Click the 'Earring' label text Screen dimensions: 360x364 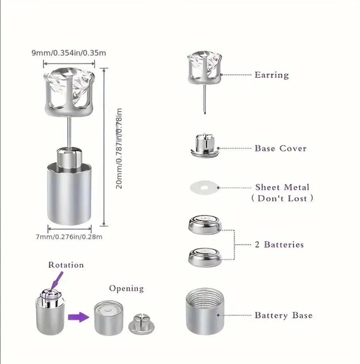[x=272, y=75]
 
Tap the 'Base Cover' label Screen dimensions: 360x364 [x=280, y=148]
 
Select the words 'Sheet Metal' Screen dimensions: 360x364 [x=282, y=187]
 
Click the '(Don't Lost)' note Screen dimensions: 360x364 [x=282, y=198]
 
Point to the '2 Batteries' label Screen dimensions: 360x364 [x=279, y=244]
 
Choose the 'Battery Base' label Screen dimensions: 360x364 [x=283, y=315]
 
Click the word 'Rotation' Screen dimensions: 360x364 [x=66, y=265]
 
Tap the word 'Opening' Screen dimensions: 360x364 [x=126, y=288]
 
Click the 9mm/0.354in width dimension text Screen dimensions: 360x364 [x=69, y=53]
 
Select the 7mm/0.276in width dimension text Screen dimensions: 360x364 [x=69, y=237]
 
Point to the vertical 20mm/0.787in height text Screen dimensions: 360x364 [x=119, y=148]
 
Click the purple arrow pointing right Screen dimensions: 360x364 [x=78, y=317]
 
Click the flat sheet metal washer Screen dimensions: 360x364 [x=204, y=187]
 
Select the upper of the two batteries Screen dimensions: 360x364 [x=205, y=225]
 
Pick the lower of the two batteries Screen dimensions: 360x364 [x=205, y=257]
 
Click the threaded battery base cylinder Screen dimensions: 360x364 [x=205, y=312]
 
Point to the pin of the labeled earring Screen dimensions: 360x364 [x=205, y=99]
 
